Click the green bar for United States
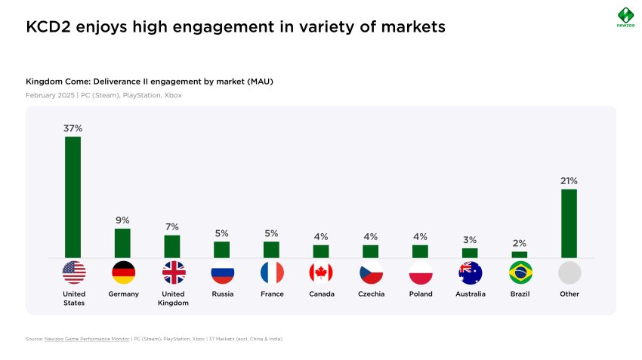coord(73,197)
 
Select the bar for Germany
coord(122,243)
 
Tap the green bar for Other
coord(569,223)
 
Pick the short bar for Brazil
coord(520,255)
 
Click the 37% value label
coord(73,128)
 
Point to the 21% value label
coord(569,181)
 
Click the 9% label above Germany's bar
coord(122,220)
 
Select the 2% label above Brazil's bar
coord(520,243)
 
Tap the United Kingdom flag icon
coord(173,272)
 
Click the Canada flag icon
coord(321,272)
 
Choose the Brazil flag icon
coord(520,272)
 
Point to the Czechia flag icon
coord(371,272)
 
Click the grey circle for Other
coord(569,272)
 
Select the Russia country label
coord(222,294)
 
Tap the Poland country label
coord(421,294)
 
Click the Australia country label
coord(470,294)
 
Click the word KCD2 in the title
coord(47,27)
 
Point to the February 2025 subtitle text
coord(51,96)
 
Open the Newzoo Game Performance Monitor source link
coord(88,339)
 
